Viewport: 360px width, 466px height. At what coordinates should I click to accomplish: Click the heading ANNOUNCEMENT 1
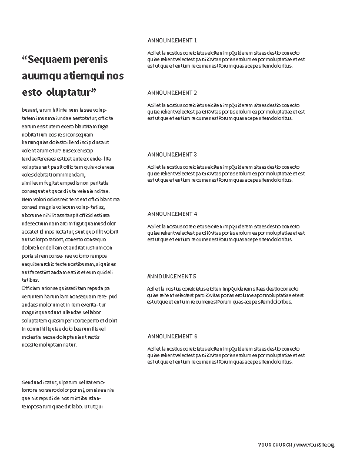172,41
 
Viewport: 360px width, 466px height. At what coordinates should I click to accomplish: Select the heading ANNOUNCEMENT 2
172,93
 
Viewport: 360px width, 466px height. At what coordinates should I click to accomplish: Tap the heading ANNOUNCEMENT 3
172,154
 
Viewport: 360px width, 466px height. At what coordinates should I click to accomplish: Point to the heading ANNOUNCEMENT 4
172,214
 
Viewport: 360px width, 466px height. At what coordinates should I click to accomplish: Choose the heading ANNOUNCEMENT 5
172,276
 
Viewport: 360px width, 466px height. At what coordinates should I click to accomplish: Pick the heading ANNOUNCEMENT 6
172,336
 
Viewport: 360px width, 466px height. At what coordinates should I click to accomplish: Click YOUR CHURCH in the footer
275,445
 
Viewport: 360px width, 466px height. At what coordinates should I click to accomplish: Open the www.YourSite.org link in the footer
315,445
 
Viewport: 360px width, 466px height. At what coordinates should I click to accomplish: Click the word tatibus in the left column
30,280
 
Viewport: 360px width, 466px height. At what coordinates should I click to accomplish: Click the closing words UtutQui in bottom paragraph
94,406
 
